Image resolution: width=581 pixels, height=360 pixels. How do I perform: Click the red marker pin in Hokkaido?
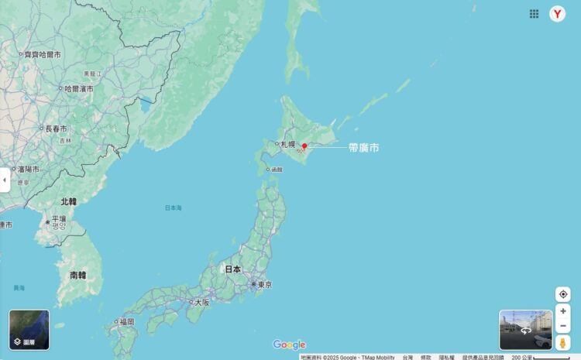coord(304,146)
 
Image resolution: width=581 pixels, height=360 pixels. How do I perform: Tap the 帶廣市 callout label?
coord(363,147)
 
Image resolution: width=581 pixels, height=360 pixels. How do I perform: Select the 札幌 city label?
coord(288,144)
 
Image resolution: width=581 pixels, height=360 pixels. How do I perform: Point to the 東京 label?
coord(264,285)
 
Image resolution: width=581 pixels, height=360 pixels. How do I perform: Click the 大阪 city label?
coord(201,302)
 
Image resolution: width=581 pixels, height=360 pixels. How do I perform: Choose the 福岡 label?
coord(126,321)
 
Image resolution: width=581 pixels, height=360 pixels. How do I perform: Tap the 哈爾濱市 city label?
coord(78,89)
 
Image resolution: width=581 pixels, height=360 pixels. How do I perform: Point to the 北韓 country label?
coord(68,201)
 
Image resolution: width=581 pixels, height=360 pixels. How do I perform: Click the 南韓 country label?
coord(77,275)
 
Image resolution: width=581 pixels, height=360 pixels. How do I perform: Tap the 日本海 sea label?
coord(174,208)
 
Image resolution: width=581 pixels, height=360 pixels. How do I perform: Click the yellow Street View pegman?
coord(563,342)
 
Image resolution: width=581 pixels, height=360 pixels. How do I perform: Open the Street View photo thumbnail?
coord(525,330)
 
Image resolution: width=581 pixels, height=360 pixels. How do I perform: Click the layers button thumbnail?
coord(29,330)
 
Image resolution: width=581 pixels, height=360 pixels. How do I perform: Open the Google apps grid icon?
coord(534,14)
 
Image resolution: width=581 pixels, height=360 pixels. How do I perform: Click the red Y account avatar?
coord(558,14)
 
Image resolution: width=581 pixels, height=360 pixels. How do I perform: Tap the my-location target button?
coord(563,294)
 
